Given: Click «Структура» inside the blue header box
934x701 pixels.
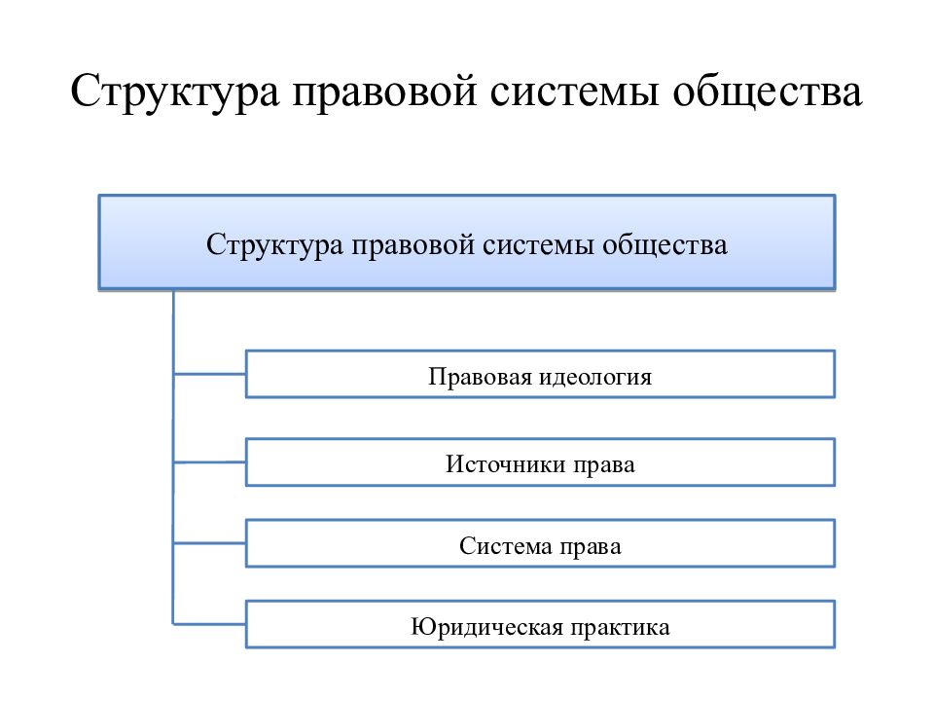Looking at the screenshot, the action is [274, 245].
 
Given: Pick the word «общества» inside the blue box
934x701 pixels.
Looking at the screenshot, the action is [665, 245].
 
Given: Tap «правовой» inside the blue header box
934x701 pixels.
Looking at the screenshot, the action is [413, 245].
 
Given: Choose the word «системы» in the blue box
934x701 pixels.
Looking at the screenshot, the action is [538, 246].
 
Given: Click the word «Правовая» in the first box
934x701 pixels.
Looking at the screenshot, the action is [480, 377].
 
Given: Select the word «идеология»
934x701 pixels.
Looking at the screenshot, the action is [595, 377].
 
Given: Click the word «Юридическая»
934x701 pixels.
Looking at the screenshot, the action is [486, 627].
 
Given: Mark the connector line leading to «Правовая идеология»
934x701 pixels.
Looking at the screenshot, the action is [210, 374].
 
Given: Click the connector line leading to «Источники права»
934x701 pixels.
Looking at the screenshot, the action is [210, 461].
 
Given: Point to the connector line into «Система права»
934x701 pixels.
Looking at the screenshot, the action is [210, 543].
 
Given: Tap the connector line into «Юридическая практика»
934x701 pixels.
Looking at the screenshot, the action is [210, 624].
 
